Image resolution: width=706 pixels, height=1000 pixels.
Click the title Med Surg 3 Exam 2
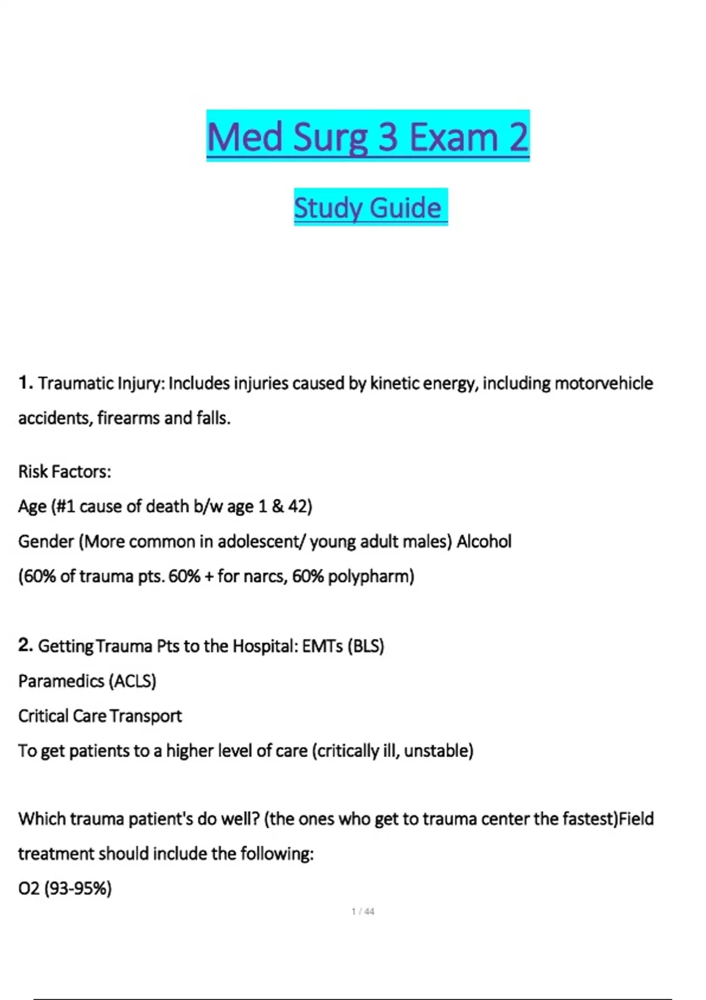pyautogui.click(x=368, y=136)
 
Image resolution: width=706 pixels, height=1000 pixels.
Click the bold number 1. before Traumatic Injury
pyautogui.click(x=25, y=383)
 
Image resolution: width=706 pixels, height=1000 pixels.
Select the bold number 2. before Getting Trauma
pyautogui.click(x=25, y=645)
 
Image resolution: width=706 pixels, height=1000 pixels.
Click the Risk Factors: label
pyautogui.click(x=65, y=472)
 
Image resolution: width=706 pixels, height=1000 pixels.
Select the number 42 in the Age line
pyautogui.click(x=297, y=506)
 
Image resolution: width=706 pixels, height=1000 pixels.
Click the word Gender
pyautogui.click(x=45, y=542)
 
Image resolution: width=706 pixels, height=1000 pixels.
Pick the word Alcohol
pyautogui.click(x=484, y=541)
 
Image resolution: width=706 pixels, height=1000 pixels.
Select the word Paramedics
pyautogui.click(x=61, y=681)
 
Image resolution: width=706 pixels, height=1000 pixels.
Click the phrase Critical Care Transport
pyautogui.click(x=100, y=716)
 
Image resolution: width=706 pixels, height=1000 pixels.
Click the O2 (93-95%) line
pyautogui.click(x=65, y=888)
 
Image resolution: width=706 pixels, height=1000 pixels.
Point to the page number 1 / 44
pyautogui.click(x=362, y=912)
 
